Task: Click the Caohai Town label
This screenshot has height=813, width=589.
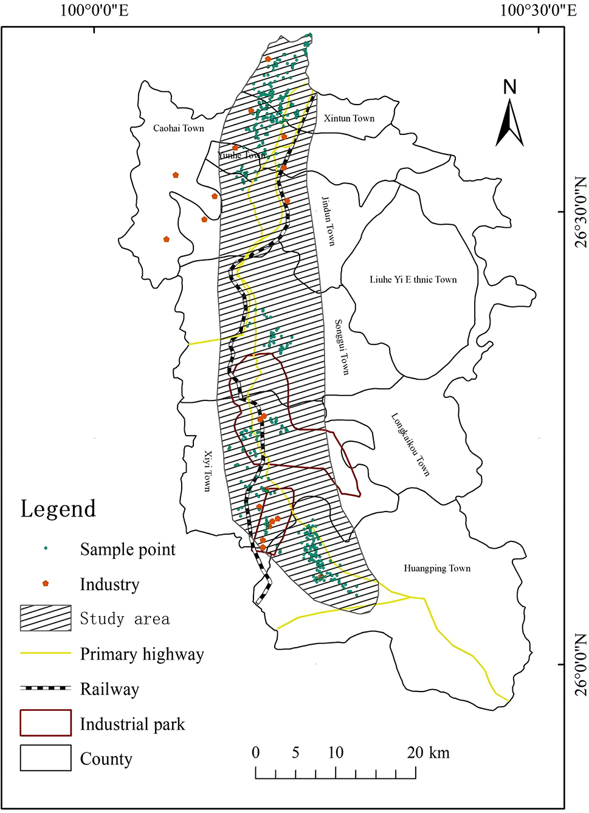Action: pyautogui.click(x=178, y=128)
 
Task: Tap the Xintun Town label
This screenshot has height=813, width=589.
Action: pyautogui.click(x=349, y=118)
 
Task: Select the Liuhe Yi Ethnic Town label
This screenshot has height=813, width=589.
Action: pyautogui.click(x=413, y=280)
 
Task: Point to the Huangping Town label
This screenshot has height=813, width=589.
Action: pyautogui.click(x=437, y=569)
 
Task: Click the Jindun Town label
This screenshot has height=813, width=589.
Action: pyautogui.click(x=328, y=221)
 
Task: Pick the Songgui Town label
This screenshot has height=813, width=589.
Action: pyautogui.click(x=342, y=347)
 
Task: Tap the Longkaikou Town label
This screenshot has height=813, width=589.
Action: pyautogui.click(x=410, y=445)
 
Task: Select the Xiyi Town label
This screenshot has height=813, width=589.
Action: pyautogui.click(x=207, y=471)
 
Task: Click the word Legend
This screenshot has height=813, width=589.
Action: pyautogui.click(x=58, y=509)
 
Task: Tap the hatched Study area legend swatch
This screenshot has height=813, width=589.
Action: pyautogui.click(x=46, y=619)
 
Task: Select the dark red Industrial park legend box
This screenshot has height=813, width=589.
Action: pyautogui.click(x=46, y=723)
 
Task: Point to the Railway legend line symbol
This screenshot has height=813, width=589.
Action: pyautogui.click(x=46, y=688)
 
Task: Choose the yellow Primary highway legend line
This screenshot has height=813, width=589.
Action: pyautogui.click(x=46, y=653)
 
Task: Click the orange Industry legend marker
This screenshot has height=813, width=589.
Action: pyautogui.click(x=45, y=583)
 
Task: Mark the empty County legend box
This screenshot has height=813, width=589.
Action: pyautogui.click(x=46, y=758)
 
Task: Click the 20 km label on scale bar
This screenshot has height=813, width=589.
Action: pyautogui.click(x=429, y=753)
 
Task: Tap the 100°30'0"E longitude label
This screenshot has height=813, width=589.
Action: pyautogui.click(x=538, y=10)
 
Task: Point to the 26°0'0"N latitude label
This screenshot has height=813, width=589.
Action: pyautogui.click(x=580, y=665)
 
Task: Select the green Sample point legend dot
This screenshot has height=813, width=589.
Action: pyautogui.click(x=46, y=549)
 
